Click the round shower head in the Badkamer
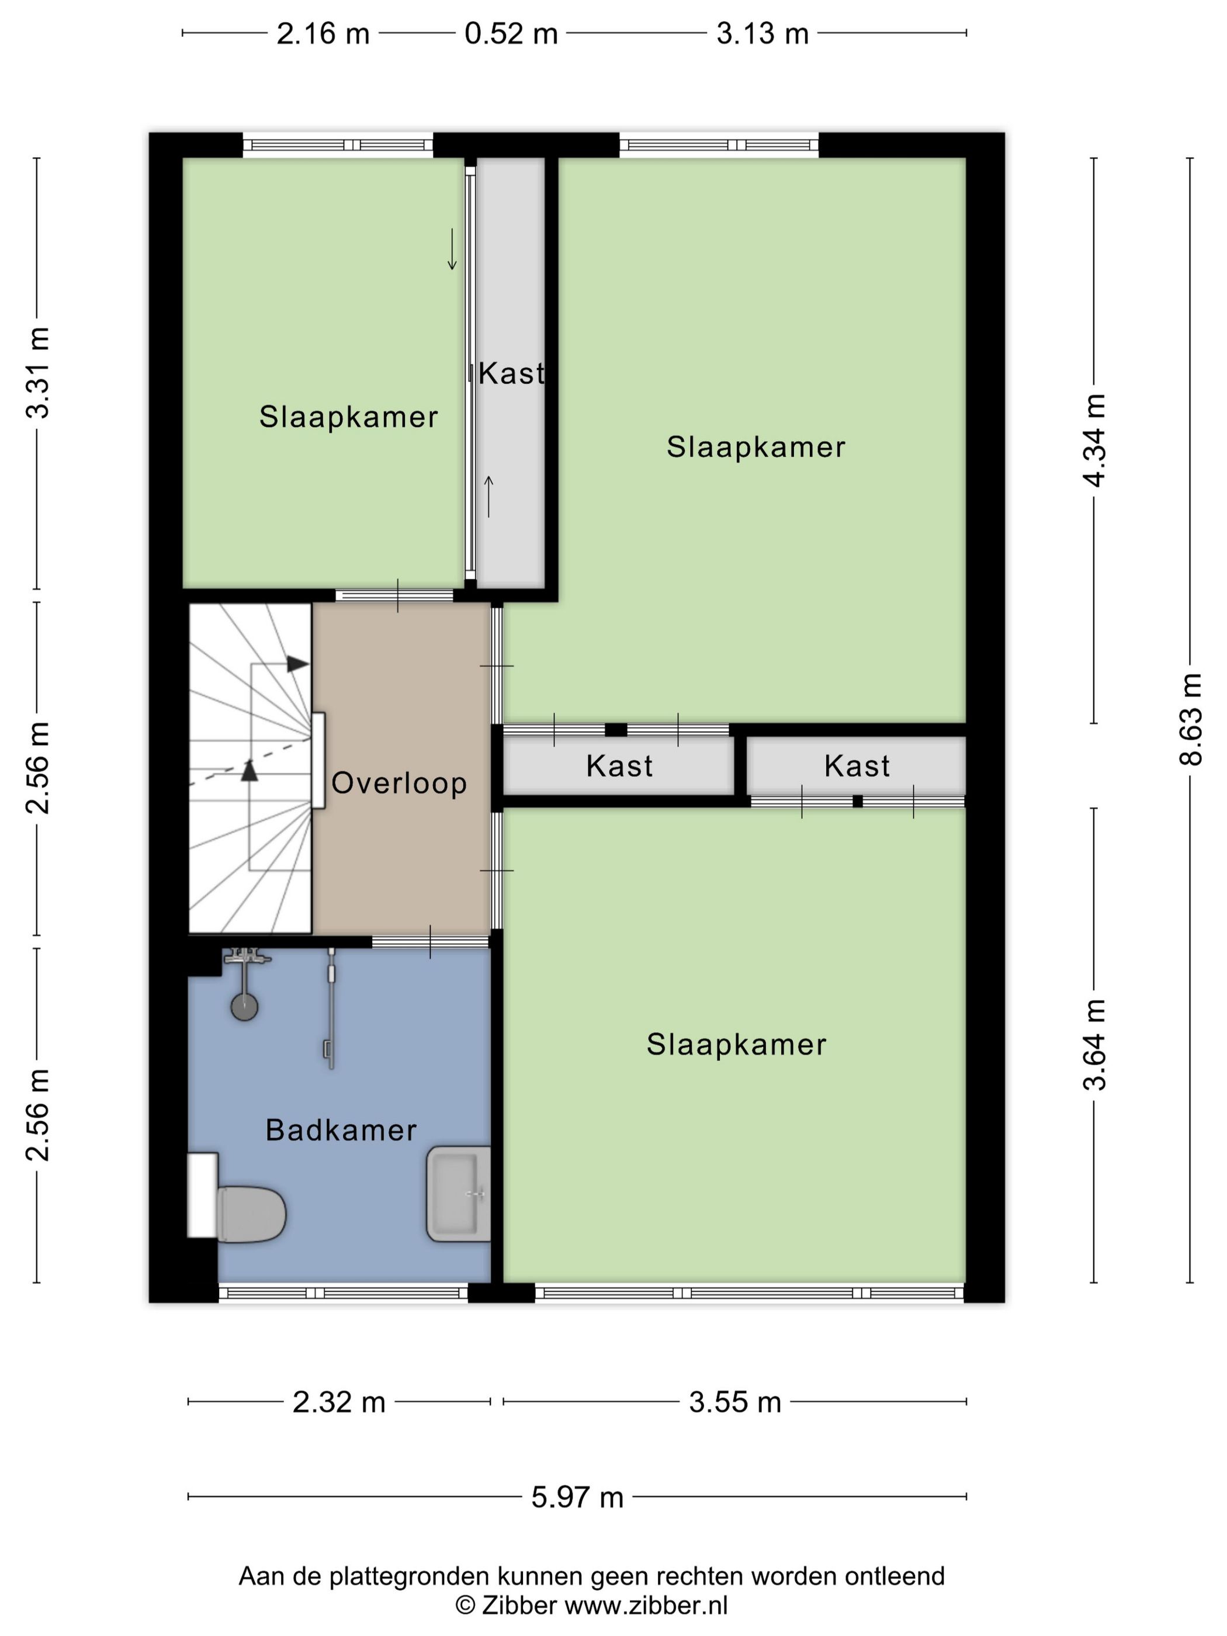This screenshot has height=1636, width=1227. pyautogui.click(x=245, y=1007)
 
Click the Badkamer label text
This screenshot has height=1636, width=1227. pyautogui.click(x=341, y=1130)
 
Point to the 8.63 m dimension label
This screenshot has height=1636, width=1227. pyautogui.click(x=1191, y=719)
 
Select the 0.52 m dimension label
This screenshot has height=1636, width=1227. pyautogui.click(x=511, y=33)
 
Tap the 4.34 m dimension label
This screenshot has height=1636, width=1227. pyautogui.click(x=1094, y=440)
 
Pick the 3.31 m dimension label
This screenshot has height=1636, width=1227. pyautogui.click(x=38, y=373)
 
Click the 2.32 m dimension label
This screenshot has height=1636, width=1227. pyautogui.click(x=339, y=1402)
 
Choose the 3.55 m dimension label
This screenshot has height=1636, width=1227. pyautogui.click(x=735, y=1402)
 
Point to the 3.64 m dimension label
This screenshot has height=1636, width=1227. pyautogui.click(x=1094, y=1044)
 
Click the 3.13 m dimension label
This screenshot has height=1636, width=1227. pyautogui.click(x=762, y=33)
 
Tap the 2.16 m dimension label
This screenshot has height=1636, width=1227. pyautogui.click(x=323, y=33)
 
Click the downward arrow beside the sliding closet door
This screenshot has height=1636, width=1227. pyautogui.click(x=452, y=249)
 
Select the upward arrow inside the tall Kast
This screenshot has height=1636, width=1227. pyautogui.click(x=488, y=496)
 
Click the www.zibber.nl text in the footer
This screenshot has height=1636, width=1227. pyautogui.click(x=646, y=1604)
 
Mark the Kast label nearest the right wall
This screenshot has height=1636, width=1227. pyautogui.click(x=857, y=765)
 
